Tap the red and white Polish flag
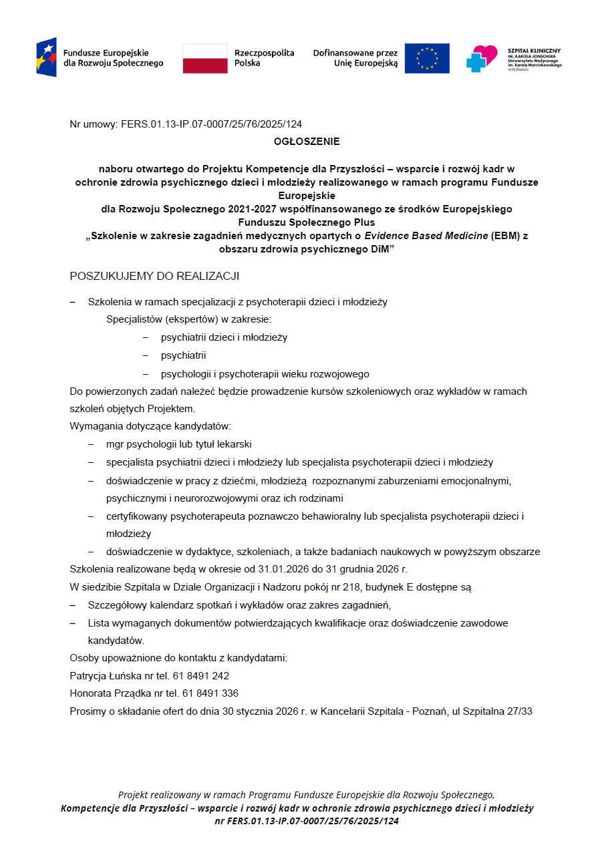click(205, 58)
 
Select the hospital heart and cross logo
click(482, 58)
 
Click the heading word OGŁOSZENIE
click(307, 142)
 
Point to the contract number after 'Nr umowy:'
click(211, 124)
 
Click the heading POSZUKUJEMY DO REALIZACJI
click(154, 276)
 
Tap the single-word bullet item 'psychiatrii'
click(183, 355)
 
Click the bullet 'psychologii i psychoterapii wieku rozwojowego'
click(265, 374)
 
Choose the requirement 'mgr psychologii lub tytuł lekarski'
click(178, 444)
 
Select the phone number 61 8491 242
click(205, 676)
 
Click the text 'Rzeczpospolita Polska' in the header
click(264, 58)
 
